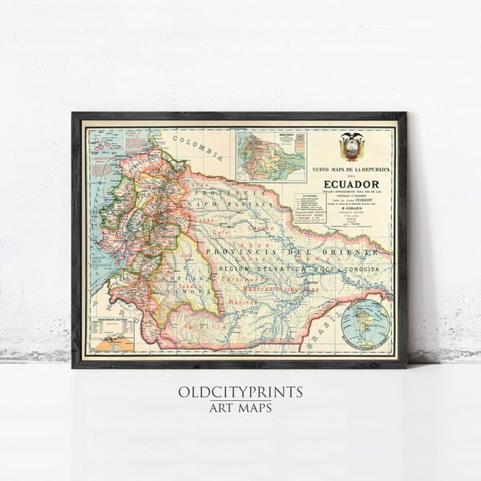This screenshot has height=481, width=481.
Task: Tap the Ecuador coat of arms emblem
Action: coord(350,149)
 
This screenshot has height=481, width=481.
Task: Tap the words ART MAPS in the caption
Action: coord(240,408)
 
